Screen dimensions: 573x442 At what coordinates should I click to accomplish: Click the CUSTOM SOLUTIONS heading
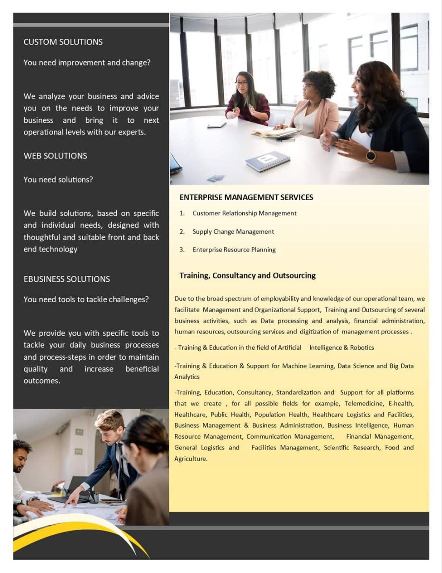click(x=63, y=42)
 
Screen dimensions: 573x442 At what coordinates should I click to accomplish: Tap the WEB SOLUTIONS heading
click(x=55, y=156)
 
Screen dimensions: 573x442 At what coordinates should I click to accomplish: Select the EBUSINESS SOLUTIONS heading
click(x=67, y=279)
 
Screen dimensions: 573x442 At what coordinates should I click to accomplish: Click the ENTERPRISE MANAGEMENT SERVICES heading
click(x=246, y=197)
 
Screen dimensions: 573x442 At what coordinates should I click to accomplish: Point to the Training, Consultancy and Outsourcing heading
click(x=247, y=275)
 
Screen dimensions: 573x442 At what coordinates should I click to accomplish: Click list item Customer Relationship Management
click(x=244, y=213)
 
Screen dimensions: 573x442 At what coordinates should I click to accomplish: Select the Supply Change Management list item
click(x=233, y=231)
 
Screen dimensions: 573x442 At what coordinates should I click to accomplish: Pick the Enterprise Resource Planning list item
click(x=234, y=250)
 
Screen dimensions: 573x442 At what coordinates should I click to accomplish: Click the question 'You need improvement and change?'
click(x=87, y=63)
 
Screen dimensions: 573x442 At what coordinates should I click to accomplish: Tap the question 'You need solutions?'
click(x=58, y=180)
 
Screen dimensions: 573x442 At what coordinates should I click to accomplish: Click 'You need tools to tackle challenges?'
click(x=86, y=299)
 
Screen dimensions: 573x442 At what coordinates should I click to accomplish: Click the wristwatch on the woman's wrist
click(x=371, y=156)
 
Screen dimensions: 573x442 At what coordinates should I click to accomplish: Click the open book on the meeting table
click(x=276, y=132)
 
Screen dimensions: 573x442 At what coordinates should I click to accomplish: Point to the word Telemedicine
click(x=363, y=403)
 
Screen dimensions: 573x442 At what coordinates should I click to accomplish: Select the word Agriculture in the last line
click(x=190, y=459)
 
